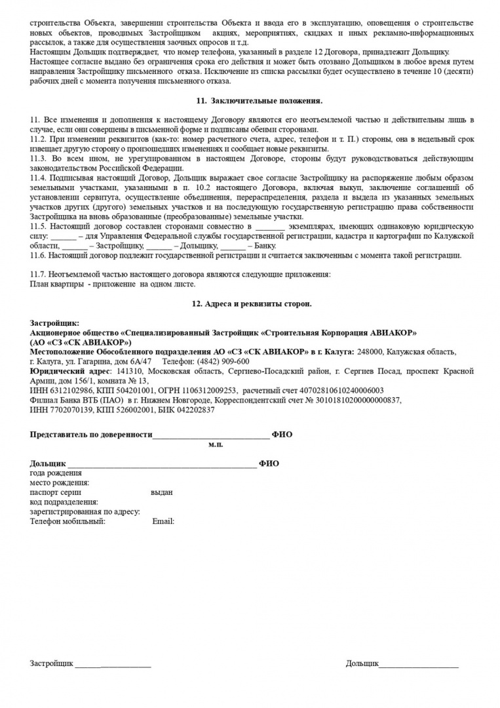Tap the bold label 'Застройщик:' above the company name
(x=54, y=323)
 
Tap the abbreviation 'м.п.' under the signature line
(x=216, y=444)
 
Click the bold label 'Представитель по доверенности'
(x=91, y=435)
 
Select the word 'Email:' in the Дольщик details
(x=163, y=521)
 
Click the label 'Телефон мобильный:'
(x=68, y=521)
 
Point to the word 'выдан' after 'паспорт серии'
(x=161, y=492)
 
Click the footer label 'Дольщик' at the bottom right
(x=362, y=664)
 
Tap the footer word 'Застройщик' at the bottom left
(x=52, y=664)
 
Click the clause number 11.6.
(x=39, y=255)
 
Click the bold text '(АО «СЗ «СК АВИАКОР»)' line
(x=81, y=342)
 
